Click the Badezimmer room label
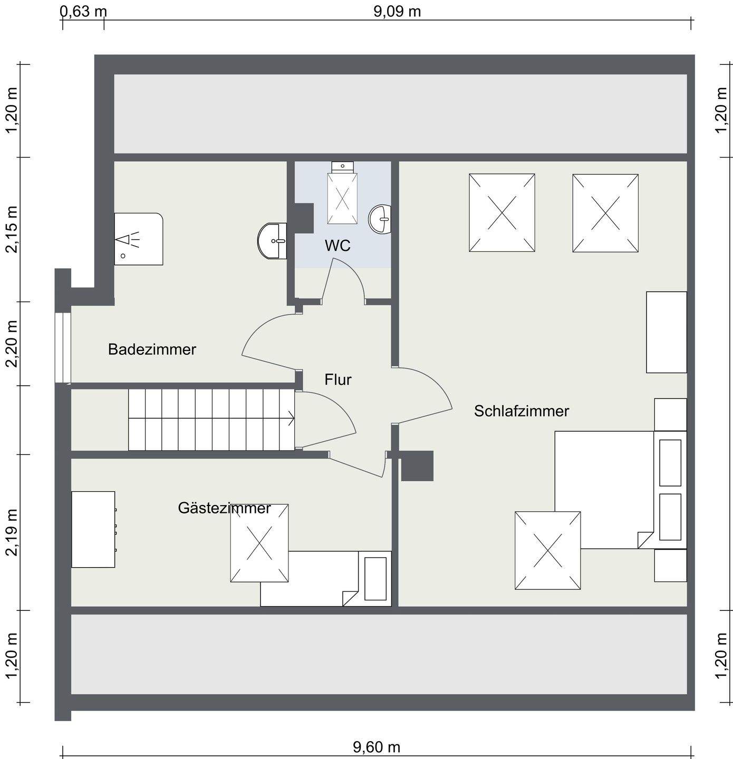pyautogui.click(x=152, y=349)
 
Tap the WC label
pyautogui.click(x=337, y=246)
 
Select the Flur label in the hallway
pyautogui.click(x=338, y=379)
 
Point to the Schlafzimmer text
pyautogui.click(x=522, y=411)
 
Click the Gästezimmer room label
pyautogui.click(x=225, y=508)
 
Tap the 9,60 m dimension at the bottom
pyautogui.click(x=377, y=747)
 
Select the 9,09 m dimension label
pyautogui.click(x=397, y=11)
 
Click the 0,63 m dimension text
pyautogui.click(x=83, y=11)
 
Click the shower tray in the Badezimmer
pyautogui.click(x=139, y=239)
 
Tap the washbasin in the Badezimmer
pyautogui.click(x=272, y=241)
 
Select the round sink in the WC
pyautogui.click(x=380, y=219)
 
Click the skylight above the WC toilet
pyautogui.click(x=342, y=199)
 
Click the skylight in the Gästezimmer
pyautogui.click(x=259, y=543)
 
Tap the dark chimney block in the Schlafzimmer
pyautogui.click(x=417, y=466)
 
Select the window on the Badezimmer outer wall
pyautogui.click(x=63, y=348)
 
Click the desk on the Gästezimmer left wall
pyautogui.click(x=93, y=529)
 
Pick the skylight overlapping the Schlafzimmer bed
pyautogui.click(x=547, y=550)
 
